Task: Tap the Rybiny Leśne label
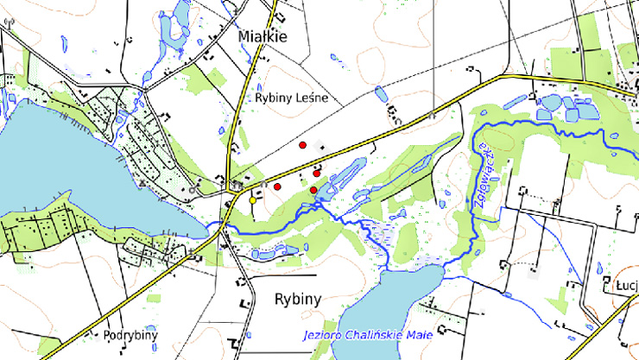click(x=291, y=98)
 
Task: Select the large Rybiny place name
click(x=297, y=300)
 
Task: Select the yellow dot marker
click(x=253, y=200)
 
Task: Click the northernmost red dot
click(x=302, y=145)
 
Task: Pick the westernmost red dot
click(x=278, y=186)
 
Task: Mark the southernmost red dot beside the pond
click(x=313, y=190)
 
